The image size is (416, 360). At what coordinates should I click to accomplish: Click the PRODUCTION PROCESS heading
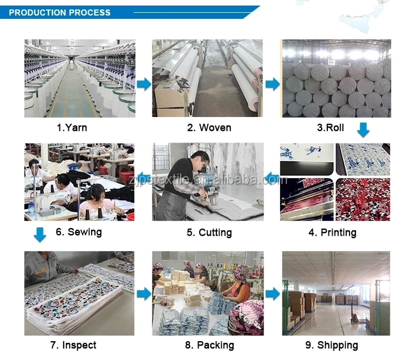coord(60,12)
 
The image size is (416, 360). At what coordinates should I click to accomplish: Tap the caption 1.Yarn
coord(72,128)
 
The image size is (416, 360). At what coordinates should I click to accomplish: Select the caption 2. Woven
coord(209,128)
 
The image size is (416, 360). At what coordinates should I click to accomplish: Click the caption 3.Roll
coord(330,128)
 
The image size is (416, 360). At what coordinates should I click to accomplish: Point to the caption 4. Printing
coord(332,232)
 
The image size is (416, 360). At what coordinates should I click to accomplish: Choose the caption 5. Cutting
coord(209,232)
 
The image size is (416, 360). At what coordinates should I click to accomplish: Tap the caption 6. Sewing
coord(79,231)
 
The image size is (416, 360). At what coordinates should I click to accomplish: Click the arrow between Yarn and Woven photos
coord(144,84)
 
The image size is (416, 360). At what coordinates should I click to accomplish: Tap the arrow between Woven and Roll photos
coord(272,84)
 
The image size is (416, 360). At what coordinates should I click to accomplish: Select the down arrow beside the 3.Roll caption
coord(363,130)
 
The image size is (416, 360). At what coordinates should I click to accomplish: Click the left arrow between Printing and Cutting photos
coord(272,178)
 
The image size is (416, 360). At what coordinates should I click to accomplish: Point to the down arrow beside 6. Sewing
coord(39,234)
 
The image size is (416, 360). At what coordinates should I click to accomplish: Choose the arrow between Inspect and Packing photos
coord(144,294)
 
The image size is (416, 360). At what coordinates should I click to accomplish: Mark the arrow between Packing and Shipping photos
coord(272,294)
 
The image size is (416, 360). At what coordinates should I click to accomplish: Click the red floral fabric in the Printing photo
coord(363,199)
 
